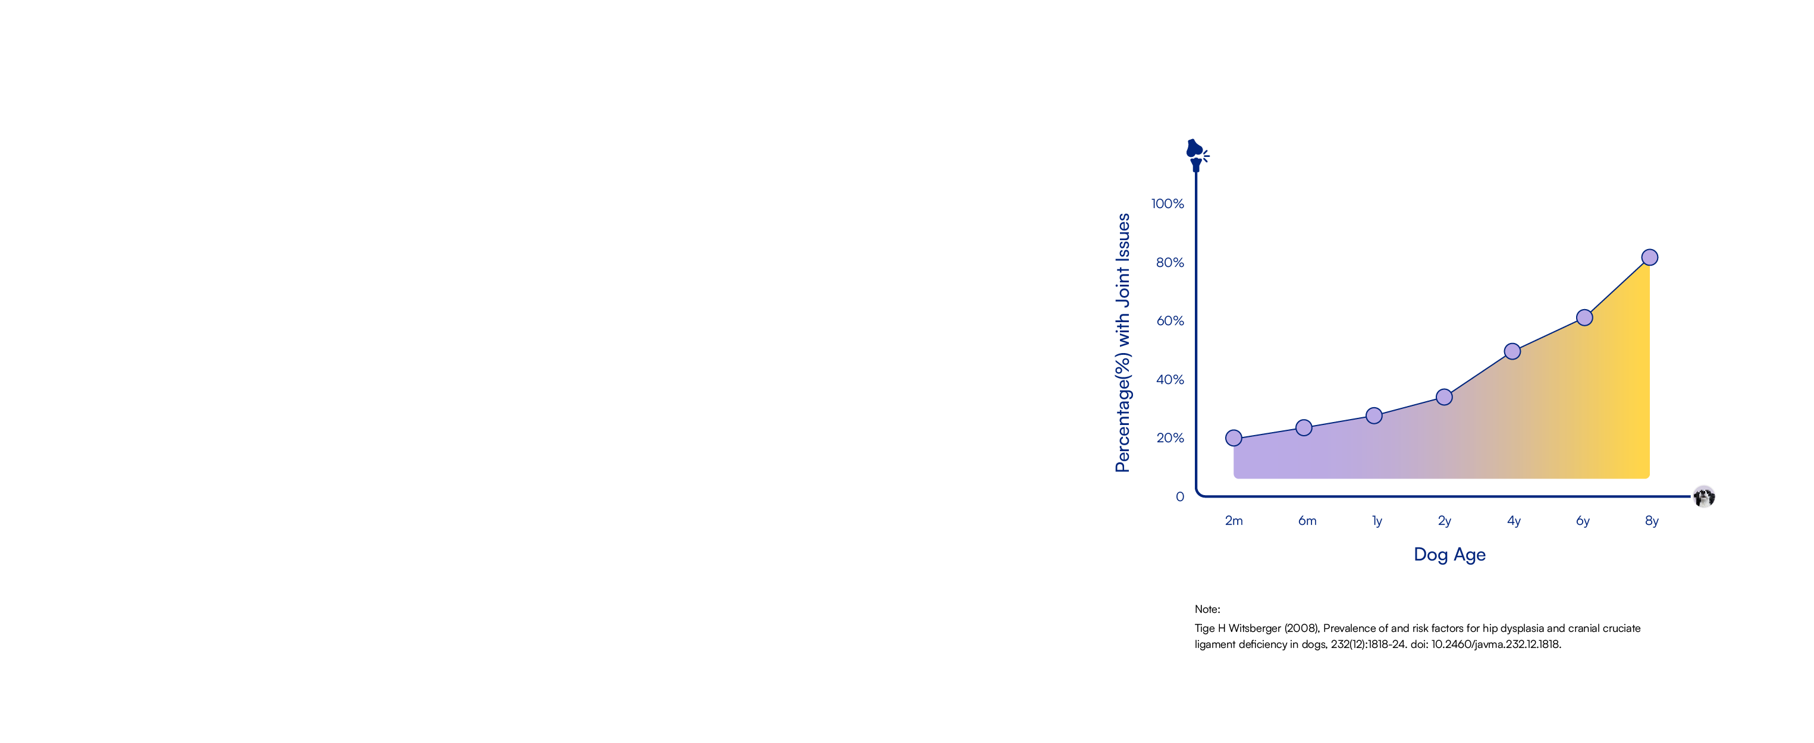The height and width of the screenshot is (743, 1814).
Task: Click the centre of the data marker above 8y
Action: point(1649,257)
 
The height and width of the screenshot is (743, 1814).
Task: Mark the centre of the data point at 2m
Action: point(1234,438)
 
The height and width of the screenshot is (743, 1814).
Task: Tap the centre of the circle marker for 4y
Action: point(1512,351)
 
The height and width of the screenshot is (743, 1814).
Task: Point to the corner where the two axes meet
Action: point(1197,496)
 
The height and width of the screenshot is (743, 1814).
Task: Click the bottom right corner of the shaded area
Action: point(1649,478)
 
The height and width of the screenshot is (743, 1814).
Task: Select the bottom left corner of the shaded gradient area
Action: point(1234,478)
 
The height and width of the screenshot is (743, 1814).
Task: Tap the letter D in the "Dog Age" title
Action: point(1421,555)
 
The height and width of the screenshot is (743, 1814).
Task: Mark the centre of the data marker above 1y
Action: point(1374,416)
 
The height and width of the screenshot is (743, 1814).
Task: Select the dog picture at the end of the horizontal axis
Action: point(1704,497)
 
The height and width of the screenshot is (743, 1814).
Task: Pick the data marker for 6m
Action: point(1304,428)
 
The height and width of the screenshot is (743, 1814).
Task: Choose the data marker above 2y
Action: point(1444,398)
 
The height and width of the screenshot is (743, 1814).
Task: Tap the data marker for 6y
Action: point(1584,318)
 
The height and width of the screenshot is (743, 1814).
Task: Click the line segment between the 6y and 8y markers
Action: point(1617,288)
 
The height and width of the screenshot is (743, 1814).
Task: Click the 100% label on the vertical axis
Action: point(1168,204)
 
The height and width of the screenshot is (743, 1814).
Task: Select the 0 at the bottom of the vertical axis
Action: point(1180,497)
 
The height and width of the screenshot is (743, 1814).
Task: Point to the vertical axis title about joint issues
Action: point(1122,342)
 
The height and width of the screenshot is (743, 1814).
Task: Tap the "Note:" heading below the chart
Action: point(1207,609)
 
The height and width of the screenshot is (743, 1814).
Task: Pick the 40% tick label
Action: point(1170,380)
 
